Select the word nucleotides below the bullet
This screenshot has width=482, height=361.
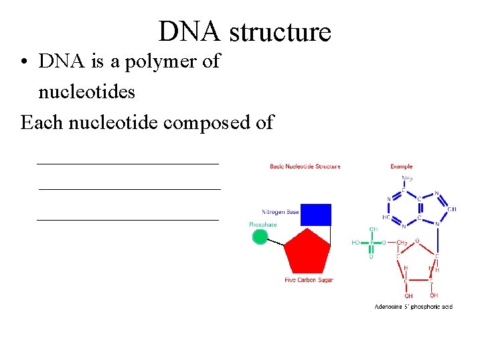click(x=86, y=91)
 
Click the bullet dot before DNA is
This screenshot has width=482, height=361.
click(x=23, y=62)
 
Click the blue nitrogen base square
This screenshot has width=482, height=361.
click(x=316, y=215)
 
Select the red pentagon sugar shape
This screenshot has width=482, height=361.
click(x=307, y=251)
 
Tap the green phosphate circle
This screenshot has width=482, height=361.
click(x=259, y=237)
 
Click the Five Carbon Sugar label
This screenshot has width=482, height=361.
click(x=309, y=280)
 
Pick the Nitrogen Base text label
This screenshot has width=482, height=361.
click(x=280, y=212)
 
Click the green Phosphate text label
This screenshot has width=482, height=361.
click(x=262, y=225)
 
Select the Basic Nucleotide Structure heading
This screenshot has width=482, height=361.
click(x=305, y=166)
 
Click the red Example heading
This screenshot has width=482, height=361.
click(x=402, y=166)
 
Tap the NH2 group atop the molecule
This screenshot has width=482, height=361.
click(x=407, y=178)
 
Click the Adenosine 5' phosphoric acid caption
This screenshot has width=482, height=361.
click(x=413, y=307)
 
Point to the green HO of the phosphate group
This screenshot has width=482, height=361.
click(x=356, y=242)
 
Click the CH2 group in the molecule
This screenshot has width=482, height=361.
click(x=402, y=242)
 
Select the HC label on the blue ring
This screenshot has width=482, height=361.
click(x=387, y=217)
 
